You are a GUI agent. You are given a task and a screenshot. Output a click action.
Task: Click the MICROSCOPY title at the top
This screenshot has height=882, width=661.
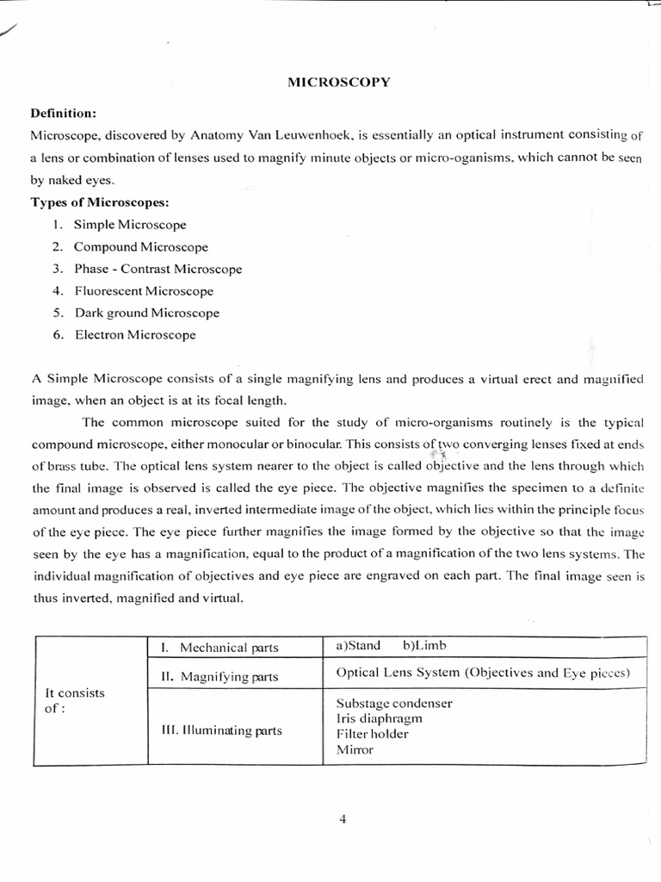pos(338,82)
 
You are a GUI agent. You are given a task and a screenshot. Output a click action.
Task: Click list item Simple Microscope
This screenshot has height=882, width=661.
pos(129,225)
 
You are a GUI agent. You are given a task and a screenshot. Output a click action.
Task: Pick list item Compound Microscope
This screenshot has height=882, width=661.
pos(140,247)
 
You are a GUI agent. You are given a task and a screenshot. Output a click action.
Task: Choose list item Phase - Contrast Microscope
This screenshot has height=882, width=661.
pos(158,269)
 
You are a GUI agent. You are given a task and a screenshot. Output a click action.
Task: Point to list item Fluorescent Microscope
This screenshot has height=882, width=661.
pos(143,291)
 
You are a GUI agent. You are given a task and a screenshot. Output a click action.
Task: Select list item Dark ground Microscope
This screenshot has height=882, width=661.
pos(146,313)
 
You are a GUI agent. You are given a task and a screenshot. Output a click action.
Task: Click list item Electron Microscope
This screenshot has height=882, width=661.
pos(134,335)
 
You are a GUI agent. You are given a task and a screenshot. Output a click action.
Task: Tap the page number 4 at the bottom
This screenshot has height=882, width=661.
pos(343,819)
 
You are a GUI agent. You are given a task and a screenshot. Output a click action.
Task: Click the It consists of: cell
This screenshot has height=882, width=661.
pos(67,700)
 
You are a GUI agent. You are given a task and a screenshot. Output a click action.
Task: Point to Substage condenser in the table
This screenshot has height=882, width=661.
pos(393,703)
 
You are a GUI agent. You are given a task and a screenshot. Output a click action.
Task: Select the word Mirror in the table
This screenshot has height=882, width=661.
pos(355,750)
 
